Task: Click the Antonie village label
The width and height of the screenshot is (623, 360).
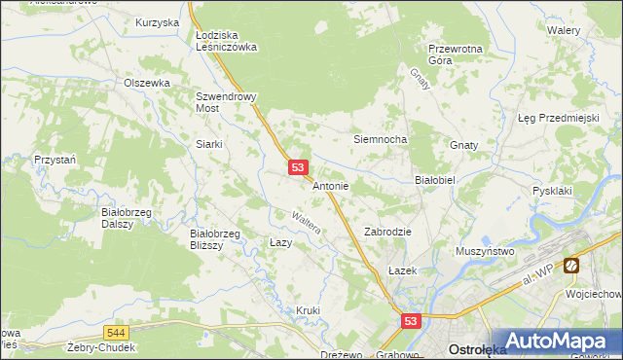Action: tap(331, 185)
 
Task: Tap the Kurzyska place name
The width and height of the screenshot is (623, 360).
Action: tap(158, 21)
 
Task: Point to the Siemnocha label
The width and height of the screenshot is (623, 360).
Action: tap(379, 139)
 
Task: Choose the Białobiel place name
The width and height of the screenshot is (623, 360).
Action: tap(435, 180)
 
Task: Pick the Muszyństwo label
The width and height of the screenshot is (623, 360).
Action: tap(485, 251)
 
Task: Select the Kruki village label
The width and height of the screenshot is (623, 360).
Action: tap(308, 310)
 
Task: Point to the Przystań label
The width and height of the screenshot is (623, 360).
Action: tap(55, 159)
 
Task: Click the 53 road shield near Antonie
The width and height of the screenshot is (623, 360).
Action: tap(299, 168)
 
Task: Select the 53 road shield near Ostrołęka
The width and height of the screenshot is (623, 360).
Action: tap(411, 320)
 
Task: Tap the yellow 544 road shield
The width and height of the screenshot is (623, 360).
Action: tap(116, 332)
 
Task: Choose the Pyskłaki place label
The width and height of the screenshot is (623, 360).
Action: tap(552, 191)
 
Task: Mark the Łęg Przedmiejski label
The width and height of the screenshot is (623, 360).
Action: tap(558, 118)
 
